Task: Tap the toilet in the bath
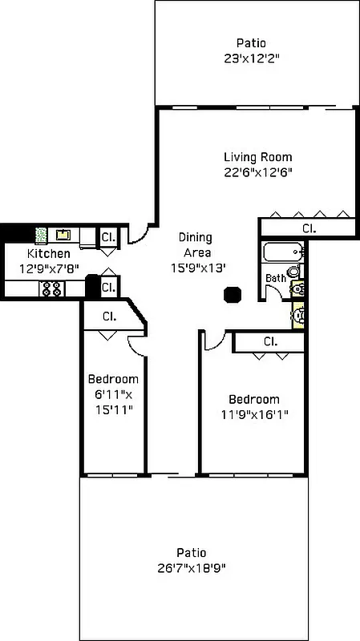click(296, 288)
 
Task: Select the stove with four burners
click(51, 288)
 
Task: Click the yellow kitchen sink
click(63, 235)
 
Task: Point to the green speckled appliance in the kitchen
click(41, 235)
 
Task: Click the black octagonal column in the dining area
click(233, 293)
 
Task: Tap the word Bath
click(275, 278)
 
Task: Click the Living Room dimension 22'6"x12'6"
click(257, 171)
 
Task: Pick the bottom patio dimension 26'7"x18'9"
click(192, 567)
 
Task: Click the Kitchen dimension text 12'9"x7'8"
click(50, 269)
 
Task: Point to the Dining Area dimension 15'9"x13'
click(196, 268)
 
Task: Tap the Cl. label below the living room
click(309, 228)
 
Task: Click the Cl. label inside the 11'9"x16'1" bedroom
click(270, 342)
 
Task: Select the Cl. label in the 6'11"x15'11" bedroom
click(109, 316)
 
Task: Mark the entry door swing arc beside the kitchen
click(138, 233)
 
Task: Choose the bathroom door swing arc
click(273, 292)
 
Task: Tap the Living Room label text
click(257, 157)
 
